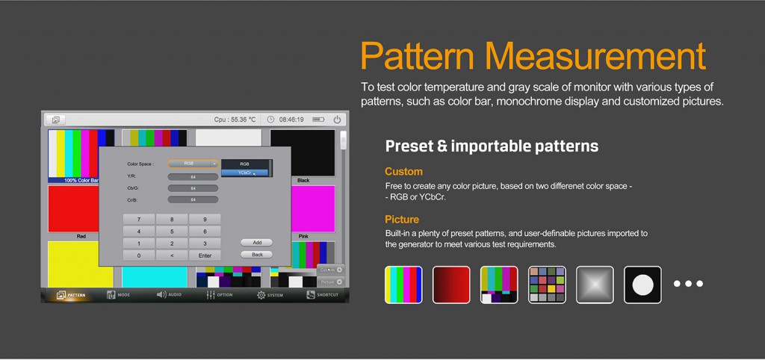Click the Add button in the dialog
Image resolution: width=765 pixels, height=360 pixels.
click(256, 243)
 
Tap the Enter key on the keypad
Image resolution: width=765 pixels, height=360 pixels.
click(205, 255)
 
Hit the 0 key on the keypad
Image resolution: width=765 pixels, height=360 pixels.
click(138, 255)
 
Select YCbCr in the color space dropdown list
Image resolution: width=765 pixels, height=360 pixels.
click(244, 173)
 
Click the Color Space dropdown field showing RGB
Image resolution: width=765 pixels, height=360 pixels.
click(193, 163)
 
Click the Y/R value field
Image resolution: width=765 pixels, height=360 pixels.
click(193, 176)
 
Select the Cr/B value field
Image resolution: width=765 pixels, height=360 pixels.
click(193, 199)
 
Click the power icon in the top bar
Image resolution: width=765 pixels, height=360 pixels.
click(337, 120)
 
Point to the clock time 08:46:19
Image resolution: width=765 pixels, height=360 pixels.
click(291, 120)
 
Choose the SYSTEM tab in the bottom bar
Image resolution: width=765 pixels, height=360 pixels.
click(270, 295)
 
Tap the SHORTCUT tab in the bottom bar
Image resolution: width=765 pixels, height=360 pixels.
click(323, 295)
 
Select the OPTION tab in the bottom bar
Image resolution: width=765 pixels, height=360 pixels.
click(219, 295)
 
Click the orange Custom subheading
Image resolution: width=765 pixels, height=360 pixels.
click(403, 171)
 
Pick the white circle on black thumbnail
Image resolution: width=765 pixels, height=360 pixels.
click(642, 285)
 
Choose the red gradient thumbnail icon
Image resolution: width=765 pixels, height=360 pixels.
click(451, 285)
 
